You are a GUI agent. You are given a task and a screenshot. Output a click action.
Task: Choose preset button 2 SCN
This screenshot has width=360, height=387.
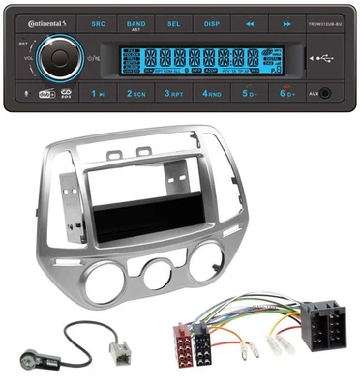(x=135, y=94)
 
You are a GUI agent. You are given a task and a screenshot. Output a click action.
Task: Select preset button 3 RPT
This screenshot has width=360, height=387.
(x=173, y=94)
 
